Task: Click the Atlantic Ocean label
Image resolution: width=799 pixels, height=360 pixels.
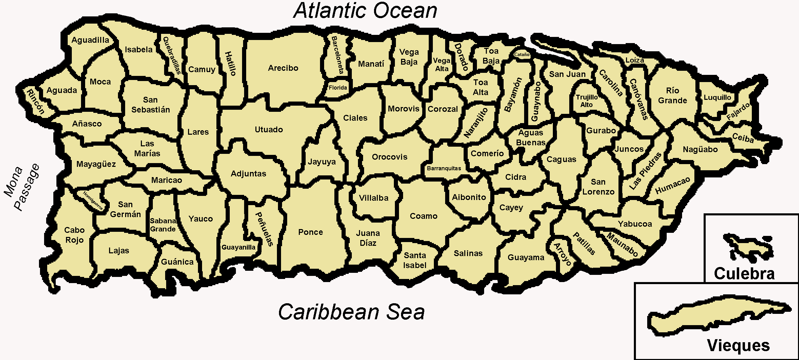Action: [x=365, y=11]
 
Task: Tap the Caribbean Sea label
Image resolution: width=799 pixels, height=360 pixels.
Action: [x=351, y=312]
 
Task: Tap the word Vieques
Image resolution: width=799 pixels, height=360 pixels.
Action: [x=738, y=346]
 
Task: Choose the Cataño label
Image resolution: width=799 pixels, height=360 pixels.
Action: [x=522, y=54]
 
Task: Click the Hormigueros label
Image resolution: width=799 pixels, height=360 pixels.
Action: [x=93, y=200]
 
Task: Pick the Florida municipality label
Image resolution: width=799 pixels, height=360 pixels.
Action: [x=338, y=88]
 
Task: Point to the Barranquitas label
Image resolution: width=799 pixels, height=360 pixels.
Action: [x=444, y=168]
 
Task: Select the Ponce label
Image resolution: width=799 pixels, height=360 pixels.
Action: [x=310, y=232]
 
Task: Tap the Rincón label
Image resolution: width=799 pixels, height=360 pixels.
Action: [x=36, y=102]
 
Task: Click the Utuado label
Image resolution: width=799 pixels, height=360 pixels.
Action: [x=269, y=130]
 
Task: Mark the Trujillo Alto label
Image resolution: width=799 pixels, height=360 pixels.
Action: [x=587, y=101]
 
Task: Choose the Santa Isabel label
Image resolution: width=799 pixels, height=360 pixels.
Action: [x=415, y=260]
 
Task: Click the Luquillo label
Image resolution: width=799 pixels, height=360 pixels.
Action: [x=717, y=97]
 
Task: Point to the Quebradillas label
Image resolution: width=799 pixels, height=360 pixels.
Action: [x=172, y=55]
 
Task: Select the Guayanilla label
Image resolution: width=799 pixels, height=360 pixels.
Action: [x=238, y=247]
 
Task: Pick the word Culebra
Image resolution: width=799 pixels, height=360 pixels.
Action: [x=744, y=274]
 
